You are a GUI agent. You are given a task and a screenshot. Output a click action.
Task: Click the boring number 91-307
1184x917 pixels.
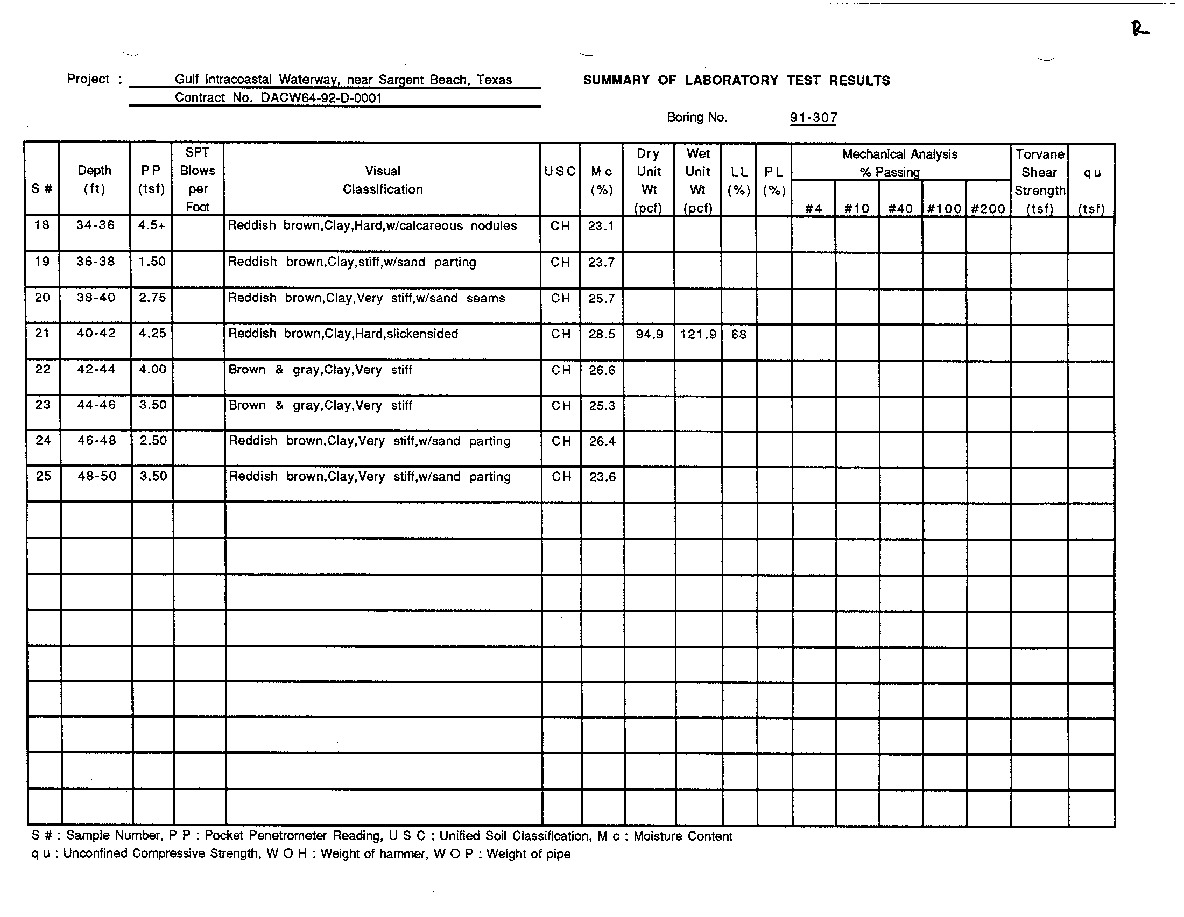[813, 118]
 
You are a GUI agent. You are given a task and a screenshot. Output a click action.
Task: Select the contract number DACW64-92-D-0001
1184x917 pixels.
[321, 98]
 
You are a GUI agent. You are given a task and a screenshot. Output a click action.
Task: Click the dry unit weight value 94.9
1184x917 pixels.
[649, 334]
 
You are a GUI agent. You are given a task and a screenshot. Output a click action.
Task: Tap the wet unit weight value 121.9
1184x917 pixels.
[697, 334]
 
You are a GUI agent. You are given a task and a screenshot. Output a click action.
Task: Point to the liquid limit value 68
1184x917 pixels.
[738, 334]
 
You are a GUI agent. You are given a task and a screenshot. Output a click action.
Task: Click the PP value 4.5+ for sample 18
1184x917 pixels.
[151, 225]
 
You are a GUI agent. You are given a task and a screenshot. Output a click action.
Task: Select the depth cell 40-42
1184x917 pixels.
[96, 333]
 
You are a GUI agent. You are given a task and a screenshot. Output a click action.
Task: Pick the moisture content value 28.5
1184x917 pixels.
[602, 334]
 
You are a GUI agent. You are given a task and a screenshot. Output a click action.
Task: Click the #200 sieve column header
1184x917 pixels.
[988, 209]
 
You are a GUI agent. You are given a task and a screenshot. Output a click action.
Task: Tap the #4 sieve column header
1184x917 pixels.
[813, 209]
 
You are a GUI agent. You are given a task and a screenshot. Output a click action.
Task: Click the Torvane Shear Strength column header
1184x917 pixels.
[1039, 181]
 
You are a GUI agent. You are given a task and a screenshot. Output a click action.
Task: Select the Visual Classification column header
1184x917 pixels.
[382, 180]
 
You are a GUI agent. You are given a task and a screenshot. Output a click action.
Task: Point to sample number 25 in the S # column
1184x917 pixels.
[44, 476]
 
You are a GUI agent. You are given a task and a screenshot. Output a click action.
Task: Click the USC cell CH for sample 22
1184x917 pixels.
[561, 370]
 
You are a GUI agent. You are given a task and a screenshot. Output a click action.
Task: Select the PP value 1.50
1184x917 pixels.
[152, 261]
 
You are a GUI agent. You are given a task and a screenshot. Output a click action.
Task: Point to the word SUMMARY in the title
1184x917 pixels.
[616, 81]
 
